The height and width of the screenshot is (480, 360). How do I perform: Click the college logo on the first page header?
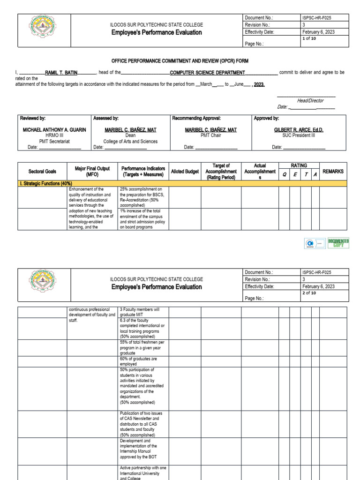tap(44, 30)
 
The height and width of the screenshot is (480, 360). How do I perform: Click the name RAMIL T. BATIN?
tap(61, 73)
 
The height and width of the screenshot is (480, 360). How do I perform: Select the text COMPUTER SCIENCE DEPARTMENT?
tap(207, 73)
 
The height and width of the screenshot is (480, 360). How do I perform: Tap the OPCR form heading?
tap(180, 61)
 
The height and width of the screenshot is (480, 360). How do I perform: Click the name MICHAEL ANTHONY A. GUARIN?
tap(54, 130)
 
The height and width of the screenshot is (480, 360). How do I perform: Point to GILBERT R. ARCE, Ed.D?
tap(299, 130)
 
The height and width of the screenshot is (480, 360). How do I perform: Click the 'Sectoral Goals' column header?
tap(42, 172)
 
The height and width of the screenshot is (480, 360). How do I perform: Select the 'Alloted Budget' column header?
tap(185, 172)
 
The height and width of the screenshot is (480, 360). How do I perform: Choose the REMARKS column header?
tap(333, 172)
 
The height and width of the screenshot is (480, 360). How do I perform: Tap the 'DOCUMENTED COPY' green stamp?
tap(338, 243)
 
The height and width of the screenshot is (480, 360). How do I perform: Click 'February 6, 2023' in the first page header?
tap(318, 32)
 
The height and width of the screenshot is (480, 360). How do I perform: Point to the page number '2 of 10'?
tap(309, 293)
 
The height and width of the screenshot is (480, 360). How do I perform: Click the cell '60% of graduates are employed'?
tap(138, 361)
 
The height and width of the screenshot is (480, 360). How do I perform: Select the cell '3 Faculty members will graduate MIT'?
tap(140, 312)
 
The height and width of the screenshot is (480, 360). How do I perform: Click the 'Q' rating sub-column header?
tap(284, 175)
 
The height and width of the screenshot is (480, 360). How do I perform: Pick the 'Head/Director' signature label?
tap(310, 101)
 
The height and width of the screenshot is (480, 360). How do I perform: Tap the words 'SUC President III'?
tap(299, 135)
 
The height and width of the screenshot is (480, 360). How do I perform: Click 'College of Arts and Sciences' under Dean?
tap(130, 141)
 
